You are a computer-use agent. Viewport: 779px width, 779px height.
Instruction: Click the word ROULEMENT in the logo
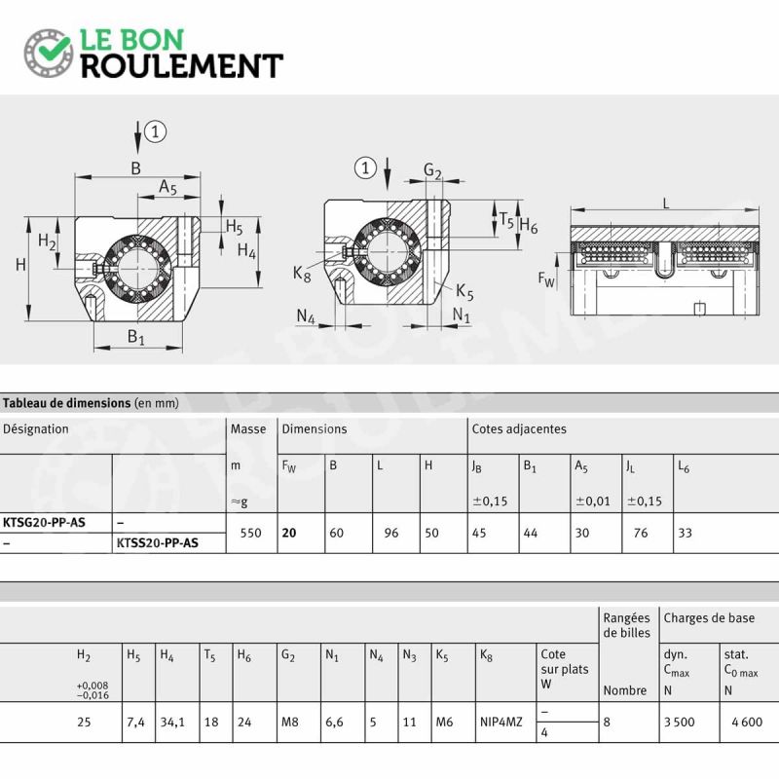(x=182, y=66)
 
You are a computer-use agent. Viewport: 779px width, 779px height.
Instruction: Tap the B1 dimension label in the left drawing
(x=135, y=336)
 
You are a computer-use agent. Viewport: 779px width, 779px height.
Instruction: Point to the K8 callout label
(x=302, y=274)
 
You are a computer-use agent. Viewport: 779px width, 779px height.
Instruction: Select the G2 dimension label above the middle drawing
(x=432, y=171)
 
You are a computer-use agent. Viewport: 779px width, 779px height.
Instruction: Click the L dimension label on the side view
(x=666, y=203)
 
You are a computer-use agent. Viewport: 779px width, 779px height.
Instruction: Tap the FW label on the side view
(x=546, y=279)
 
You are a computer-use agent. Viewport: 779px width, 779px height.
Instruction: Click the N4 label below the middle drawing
(x=306, y=316)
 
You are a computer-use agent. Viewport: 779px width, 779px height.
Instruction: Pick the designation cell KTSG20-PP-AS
(x=44, y=523)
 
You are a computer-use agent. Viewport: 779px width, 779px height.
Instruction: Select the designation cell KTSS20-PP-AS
(x=158, y=543)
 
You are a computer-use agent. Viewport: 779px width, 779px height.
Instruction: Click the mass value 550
(x=250, y=533)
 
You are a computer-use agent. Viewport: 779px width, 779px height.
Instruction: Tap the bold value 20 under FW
(x=289, y=533)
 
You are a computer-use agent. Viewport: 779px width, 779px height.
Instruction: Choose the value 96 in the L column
(x=391, y=533)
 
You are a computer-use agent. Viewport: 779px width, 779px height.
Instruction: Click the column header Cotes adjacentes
(x=519, y=428)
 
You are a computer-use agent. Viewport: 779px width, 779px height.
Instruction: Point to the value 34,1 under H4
(x=172, y=722)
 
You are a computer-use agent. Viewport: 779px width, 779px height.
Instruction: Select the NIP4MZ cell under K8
(x=501, y=722)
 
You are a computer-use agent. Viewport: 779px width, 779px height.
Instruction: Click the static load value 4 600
(x=747, y=722)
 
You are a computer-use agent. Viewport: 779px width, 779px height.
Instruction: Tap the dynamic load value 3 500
(x=680, y=722)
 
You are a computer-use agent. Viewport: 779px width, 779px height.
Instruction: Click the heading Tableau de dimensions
(x=66, y=403)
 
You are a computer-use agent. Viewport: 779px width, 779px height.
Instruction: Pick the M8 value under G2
(x=289, y=722)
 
